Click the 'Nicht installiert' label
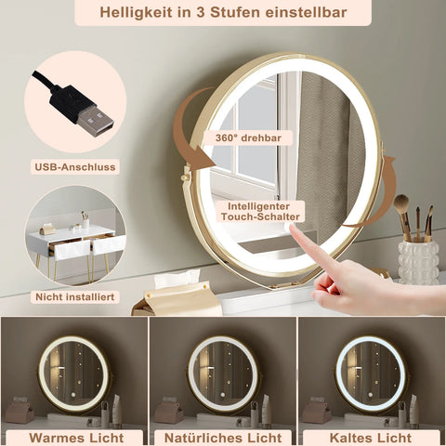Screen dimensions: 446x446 [73, 296]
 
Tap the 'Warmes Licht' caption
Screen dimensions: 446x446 [73, 435]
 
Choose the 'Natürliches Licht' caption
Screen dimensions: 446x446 [222, 435]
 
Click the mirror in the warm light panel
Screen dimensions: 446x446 [73, 373]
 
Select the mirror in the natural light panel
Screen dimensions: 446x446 [222, 373]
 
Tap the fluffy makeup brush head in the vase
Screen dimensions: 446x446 [402, 204]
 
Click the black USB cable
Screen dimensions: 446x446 [46, 84]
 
